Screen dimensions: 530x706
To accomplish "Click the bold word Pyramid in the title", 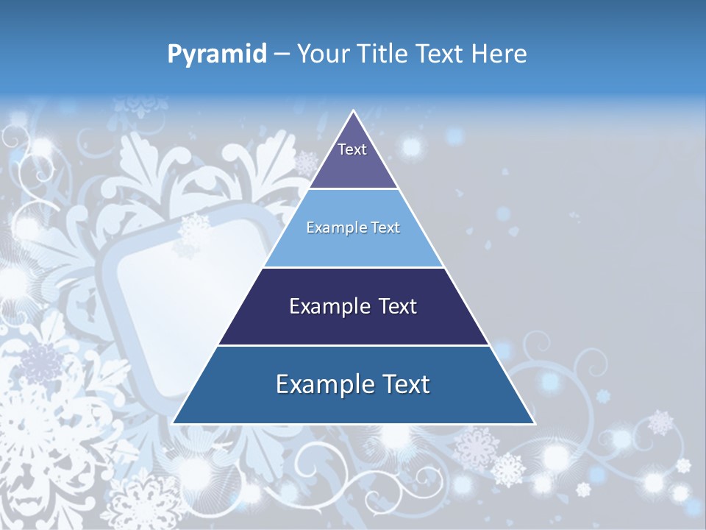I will tap(216, 54).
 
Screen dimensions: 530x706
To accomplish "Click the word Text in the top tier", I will tap(352, 149).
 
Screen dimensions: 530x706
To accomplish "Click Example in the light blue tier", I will tap(329, 227).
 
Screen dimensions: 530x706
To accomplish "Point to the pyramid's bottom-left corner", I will tap(174, 423).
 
